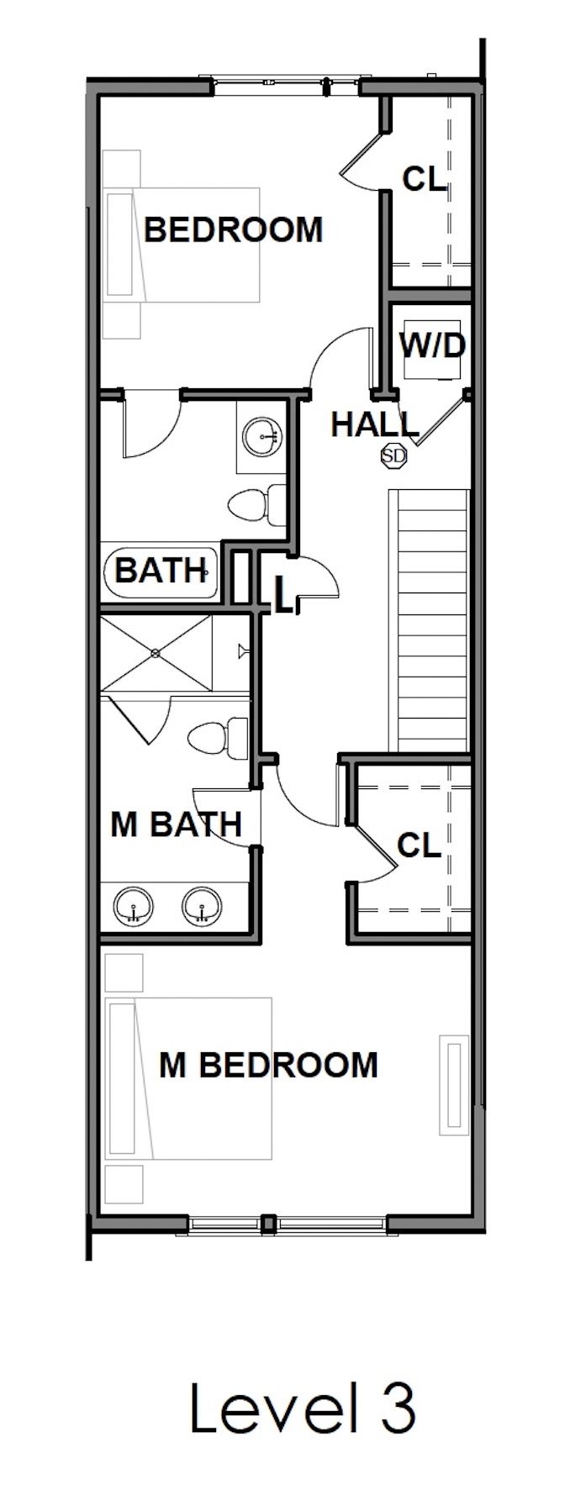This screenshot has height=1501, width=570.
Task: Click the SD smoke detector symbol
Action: point(393,456)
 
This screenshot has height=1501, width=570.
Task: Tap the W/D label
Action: point(432,345)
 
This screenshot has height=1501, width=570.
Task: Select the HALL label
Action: point(373,424)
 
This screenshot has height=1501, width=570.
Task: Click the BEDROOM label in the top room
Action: point(234,229)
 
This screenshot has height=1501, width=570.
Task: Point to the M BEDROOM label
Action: point(268,1065)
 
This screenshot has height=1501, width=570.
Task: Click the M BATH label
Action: point(176,824)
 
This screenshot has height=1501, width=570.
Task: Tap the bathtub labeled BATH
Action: point(161,571)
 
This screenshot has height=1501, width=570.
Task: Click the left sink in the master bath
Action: point(133,907)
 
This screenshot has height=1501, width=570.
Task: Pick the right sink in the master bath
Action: point(201,907)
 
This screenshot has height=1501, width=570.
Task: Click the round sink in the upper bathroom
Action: point(263,434)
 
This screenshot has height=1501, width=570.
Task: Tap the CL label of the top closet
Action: point(424,178)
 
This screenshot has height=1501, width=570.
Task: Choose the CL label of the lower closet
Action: point(419,845)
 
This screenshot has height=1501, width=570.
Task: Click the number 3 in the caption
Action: point(394,1409)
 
